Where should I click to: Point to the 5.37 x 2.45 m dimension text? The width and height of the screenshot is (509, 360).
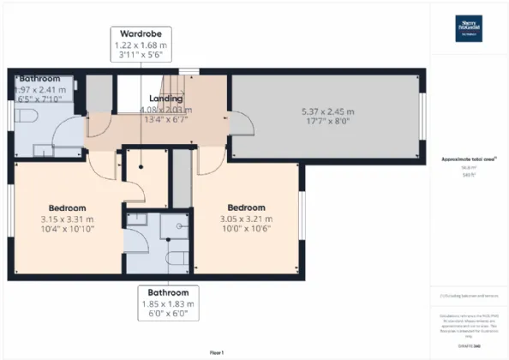(x=326, y=110)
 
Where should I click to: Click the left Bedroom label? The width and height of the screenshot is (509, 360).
(x=65, y=208)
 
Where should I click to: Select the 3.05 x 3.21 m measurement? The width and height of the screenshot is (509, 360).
(x=246, y=218)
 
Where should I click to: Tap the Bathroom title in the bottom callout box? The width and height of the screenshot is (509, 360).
(x=168, y=291)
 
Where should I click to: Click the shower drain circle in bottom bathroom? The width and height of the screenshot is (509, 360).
(x=177, y=226)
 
